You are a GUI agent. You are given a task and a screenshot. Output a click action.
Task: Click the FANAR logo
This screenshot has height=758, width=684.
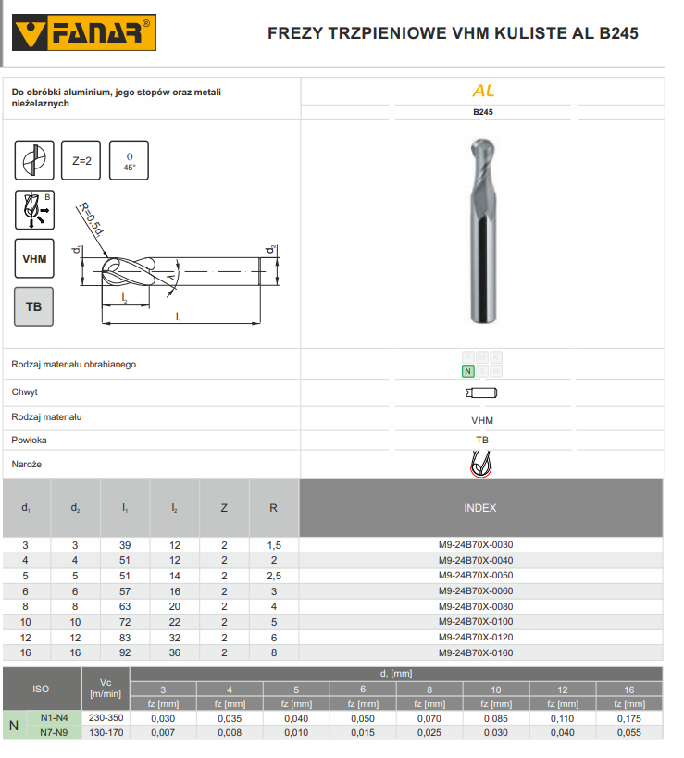point(84,32)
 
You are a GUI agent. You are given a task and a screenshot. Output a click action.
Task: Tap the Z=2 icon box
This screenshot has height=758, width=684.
point(81,160)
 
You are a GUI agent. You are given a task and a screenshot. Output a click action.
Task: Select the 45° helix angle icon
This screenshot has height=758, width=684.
point(129,160)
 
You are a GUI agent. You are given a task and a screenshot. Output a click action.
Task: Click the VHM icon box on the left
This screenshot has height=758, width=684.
point(34,258)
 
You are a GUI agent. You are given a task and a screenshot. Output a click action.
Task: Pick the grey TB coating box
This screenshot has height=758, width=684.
point(34,307)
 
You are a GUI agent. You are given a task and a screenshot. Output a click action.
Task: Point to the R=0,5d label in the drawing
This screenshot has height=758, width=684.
point(92,219)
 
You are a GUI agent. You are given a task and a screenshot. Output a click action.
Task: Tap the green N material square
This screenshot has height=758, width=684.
point(468,371)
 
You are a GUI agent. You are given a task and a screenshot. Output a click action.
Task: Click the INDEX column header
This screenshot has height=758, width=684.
point(480,508)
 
